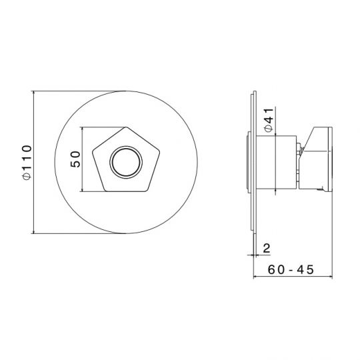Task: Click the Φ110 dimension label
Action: [x=27, y=162]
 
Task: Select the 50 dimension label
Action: [x=75, y=159]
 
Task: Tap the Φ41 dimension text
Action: [x=269, y=119]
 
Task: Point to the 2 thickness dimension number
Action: [x=267, y=248]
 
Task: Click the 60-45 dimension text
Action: [x=291, y=269]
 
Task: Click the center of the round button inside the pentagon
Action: [x=126, y=162]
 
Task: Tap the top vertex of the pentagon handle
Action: [x=126, y=127]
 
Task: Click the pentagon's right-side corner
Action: [x=159, y=151]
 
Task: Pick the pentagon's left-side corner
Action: [x=93, y=151]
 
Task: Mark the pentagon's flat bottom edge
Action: [x=126, y=191]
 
